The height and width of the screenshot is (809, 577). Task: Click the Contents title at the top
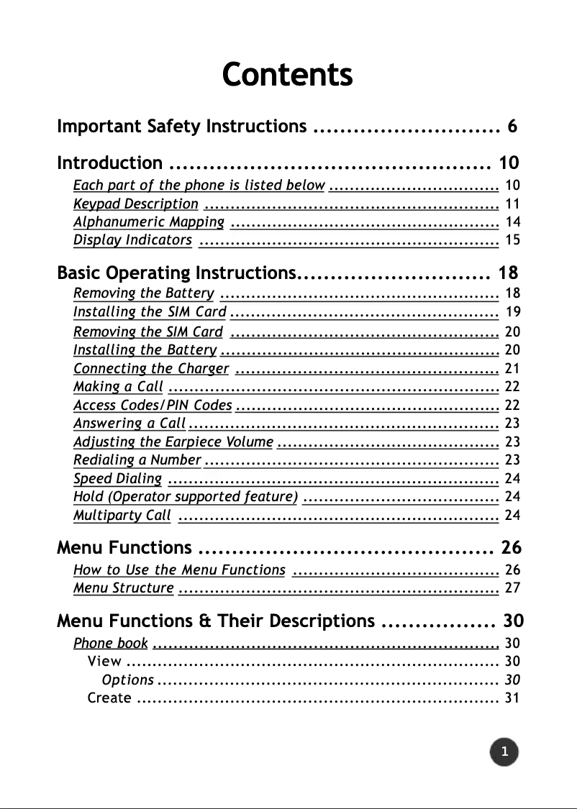coord(287,74)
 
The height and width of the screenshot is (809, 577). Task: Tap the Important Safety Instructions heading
coord(181,127)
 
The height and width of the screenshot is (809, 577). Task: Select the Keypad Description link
coord(135,204)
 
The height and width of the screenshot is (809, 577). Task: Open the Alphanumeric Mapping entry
coord(149,221)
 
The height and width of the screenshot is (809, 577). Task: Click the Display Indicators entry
coord(132,240)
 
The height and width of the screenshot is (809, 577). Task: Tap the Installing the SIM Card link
coord(150,312)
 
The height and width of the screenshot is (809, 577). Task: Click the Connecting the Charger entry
coord(151,369)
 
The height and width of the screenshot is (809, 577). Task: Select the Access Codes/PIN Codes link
coord(153,406)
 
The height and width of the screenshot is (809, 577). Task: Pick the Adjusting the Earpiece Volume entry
coord(173,442)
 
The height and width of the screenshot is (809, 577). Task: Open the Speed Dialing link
coord(117,478)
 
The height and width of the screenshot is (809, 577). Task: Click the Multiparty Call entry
coord(122,515)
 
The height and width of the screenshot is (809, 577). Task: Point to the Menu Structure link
coord(123,588)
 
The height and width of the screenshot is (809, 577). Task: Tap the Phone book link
coord(111,643)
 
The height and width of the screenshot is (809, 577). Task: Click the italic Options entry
coord(127,680)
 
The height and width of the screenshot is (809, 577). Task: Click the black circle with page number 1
coord(504,752)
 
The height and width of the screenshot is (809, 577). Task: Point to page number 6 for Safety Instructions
coord(512,127)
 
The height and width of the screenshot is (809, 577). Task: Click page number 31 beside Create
coord(512,698)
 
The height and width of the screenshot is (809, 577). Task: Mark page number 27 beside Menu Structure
coord(512,588)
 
